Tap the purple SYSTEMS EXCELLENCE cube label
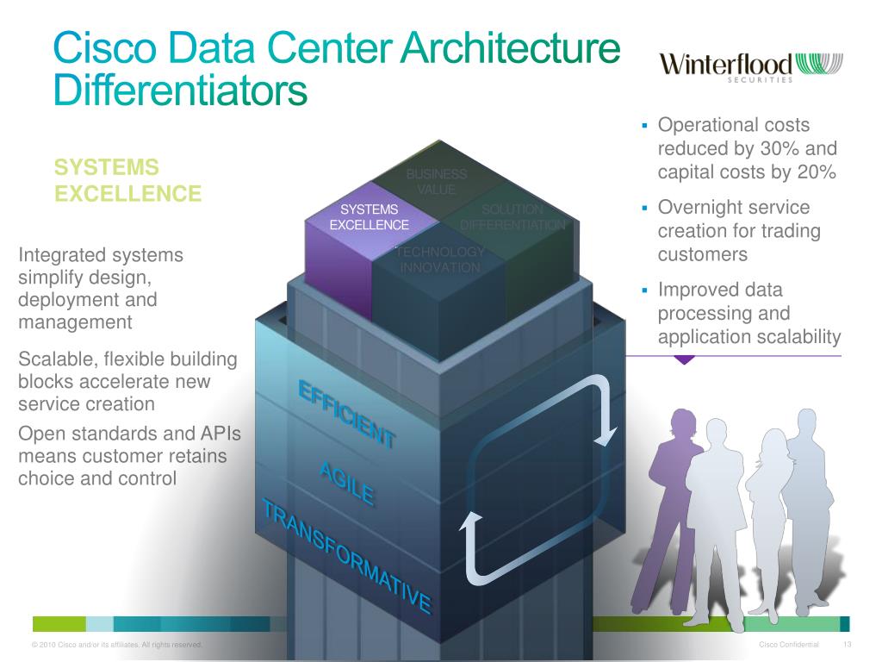point(369,217)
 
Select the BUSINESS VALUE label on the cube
point(437,182)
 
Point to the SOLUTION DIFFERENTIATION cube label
point(512,217)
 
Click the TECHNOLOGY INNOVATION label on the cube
point(440,259)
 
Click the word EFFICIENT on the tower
point(346,414)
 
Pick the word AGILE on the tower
point(346,484)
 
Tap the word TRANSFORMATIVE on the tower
point(346,555)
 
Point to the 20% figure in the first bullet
point(816,172)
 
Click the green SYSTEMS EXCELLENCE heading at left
point(127,179)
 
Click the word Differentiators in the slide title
point(179,90)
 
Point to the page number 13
point(847,646)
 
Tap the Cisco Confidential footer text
point(789,646)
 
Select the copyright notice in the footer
point(116,646)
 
